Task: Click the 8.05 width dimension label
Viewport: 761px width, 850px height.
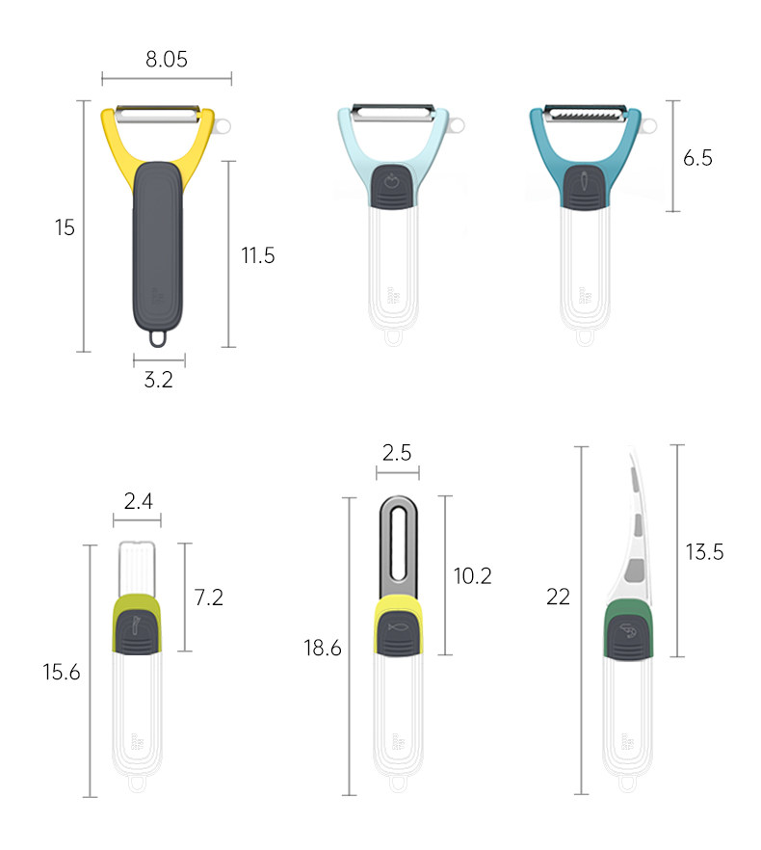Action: (167, 59)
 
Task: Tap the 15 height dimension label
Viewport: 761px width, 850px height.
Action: (65, 227)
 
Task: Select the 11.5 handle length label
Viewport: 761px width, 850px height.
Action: (258, 255)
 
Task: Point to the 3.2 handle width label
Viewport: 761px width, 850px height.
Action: (158, 380)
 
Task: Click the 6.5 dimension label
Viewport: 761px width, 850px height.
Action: (697, 158)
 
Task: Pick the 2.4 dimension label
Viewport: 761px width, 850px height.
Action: (138, 501)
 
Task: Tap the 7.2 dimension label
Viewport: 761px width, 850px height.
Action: (209, 598)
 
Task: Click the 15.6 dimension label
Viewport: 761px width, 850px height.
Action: (62, 673)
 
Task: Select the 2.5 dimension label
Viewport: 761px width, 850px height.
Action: (397, 453)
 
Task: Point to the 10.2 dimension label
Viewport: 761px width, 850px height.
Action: (473, 575)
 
